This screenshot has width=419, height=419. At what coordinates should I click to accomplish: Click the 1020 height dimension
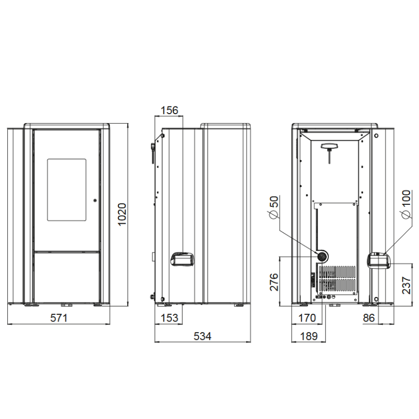[x=122, y=214]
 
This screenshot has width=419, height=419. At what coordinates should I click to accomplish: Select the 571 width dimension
[x=59, y=318]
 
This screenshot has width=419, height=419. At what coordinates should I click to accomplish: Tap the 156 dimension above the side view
[x=169, y=110]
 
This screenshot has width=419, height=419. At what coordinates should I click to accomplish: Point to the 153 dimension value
[x=169, y=318]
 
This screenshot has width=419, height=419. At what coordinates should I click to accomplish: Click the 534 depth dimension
[x=202, y=336]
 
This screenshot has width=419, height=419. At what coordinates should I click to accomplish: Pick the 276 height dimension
[x=274, y=282]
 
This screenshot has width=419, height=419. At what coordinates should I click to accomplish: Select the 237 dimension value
[x=406, y=285]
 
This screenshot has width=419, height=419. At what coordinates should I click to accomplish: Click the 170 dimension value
[x=307, y=318]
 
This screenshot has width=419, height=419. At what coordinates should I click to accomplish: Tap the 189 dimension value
[x=309, y=336]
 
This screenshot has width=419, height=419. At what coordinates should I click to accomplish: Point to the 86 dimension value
[x=369, y=318]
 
